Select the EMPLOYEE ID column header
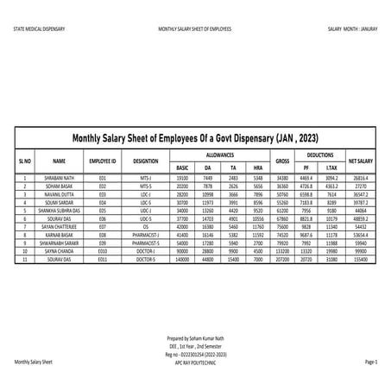point(103,161)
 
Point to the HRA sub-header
point(257,167)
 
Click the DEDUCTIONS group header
point(320,153)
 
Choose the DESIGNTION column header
point(146,161)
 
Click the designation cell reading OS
point(146,229)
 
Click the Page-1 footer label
point(371,363)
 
